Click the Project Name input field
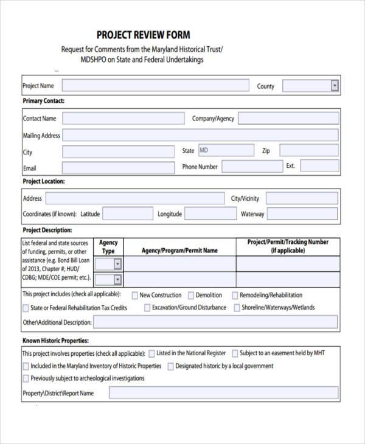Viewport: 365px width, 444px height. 155,86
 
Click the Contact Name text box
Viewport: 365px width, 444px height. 122,119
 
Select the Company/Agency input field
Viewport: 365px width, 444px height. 288,119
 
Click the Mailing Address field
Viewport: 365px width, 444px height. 200,135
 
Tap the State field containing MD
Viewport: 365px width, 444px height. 226,150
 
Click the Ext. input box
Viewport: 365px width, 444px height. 319,166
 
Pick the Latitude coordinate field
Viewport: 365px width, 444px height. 127,213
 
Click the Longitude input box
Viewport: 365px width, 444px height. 210,213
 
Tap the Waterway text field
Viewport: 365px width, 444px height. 302,213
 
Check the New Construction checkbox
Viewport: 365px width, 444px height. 134,295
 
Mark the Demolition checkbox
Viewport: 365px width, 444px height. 191,295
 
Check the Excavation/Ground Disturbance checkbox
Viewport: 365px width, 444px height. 147,308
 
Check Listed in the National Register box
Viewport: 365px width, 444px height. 151,353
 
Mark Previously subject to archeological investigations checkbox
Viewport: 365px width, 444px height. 26,378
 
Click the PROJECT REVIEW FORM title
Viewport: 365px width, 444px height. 143,35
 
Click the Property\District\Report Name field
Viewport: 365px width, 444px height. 223,393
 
